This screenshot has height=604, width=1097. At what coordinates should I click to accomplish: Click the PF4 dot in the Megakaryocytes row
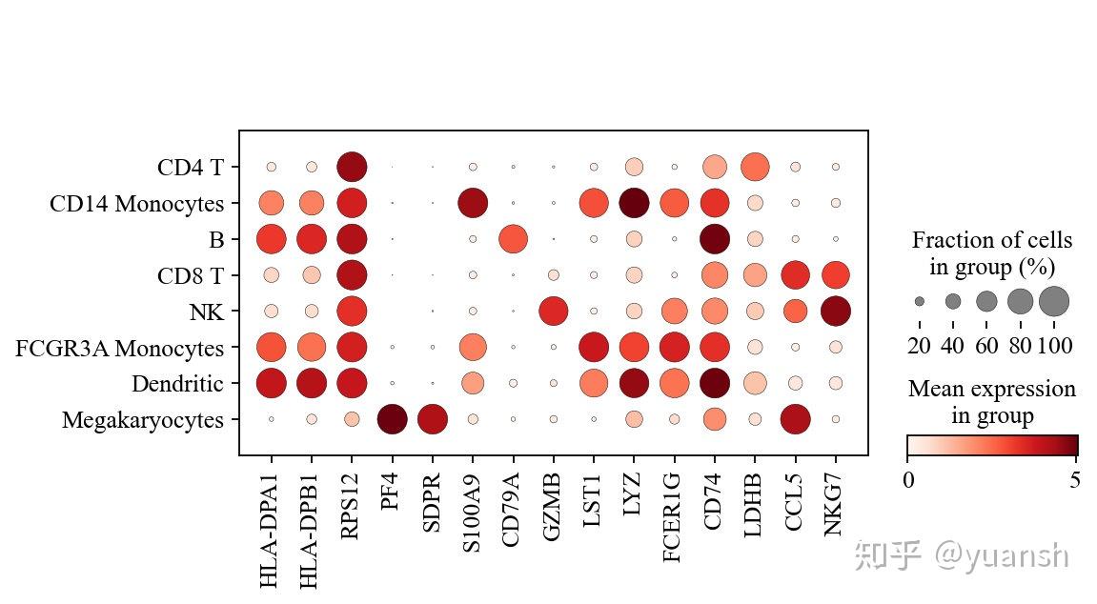pyautogui.click(x=392, y=419)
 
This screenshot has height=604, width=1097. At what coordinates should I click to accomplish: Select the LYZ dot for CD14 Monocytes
pyautogui.click(x=634, y=203)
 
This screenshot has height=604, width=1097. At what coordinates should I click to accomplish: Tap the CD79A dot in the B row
pyautogui.click(x=513, y=238)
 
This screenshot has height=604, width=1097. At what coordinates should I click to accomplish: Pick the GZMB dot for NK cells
pyautogui.click(x=553, y=311)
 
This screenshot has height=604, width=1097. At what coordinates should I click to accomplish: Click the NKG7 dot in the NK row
pyautogui.click(x=835, y=311)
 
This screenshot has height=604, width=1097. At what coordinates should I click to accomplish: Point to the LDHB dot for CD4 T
pyautogui.click(x=755, y=167)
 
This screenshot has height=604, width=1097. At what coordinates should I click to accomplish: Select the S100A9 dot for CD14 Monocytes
pyautogui.click(x=473, y=203)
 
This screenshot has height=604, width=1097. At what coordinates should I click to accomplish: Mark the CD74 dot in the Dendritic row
pyautogui.click(x=713, y=383)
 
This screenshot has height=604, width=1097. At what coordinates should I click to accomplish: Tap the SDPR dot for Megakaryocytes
pyautogui.click(x=432, y=419)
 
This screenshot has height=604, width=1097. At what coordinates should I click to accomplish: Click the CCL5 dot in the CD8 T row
pyautogui.click(x=795, y=274)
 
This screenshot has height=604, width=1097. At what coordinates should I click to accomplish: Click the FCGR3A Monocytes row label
pyautogui.click(x=119, y=348)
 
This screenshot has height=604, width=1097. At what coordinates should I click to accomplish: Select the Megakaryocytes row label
pyautogui.click(x=143, y=420)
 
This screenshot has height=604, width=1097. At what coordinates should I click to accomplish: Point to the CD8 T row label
pyautogui.click(x=191, y=275)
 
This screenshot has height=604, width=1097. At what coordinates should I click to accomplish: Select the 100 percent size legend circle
pyautogui.click(x=1054, y=301)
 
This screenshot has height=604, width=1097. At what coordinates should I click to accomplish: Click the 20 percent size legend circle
pyautogui.click(x=919, y=301)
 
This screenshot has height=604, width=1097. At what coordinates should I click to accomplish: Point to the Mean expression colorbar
pyautogui.click(x=991, y=446)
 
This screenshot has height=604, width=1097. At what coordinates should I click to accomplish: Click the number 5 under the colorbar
pyautogui.click(x=1075, y=480)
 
